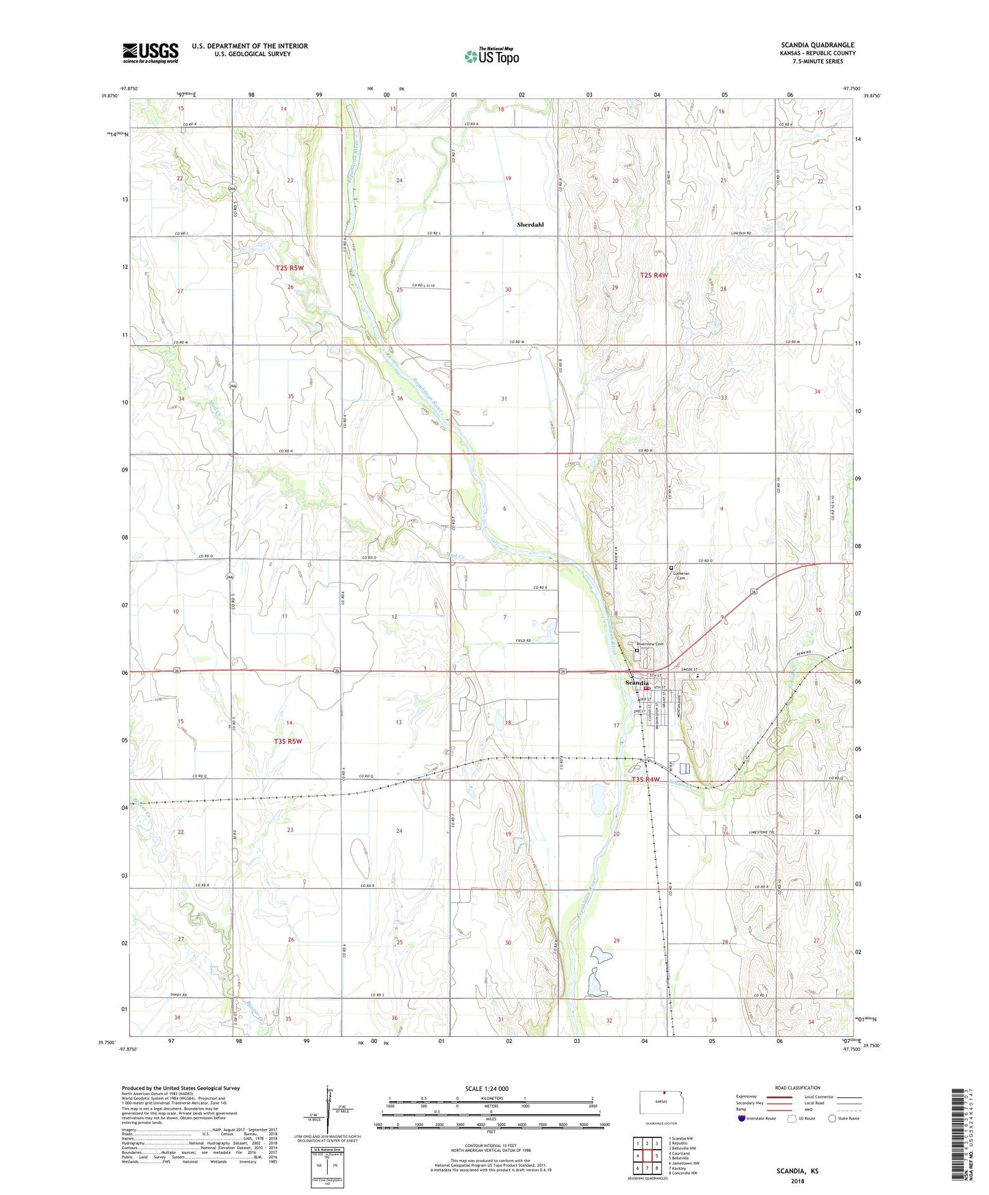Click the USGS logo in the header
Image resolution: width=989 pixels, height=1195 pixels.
pos(150,53)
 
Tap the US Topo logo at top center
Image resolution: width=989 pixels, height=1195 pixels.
pos(491,56)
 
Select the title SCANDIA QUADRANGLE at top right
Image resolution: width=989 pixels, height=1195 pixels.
pos(817,45)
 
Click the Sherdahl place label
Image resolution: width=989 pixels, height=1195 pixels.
pos(530,224)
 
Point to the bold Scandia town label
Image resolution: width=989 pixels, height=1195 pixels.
pos(637,683)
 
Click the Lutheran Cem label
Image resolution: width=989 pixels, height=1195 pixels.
pos(681,576)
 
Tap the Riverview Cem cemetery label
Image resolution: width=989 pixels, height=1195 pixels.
pos(650,644)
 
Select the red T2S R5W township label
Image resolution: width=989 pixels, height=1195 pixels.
pos(289,268)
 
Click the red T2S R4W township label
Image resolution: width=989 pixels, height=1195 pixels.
pos(654,275)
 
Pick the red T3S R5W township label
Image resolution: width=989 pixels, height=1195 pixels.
pos(287,741)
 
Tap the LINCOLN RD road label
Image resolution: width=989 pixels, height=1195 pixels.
pos(741,233)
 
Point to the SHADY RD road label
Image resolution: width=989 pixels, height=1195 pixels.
pos(179,995)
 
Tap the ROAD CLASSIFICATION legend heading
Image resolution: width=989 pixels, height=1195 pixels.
pos(797,1088)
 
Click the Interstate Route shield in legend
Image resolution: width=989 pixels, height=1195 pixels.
pos(742,1118)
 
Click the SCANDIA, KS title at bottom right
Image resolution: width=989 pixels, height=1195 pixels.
pos(797,1171)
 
